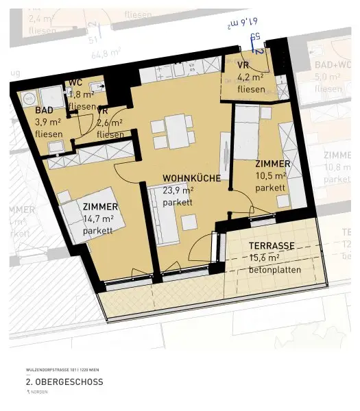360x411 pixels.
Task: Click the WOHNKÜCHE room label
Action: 191,178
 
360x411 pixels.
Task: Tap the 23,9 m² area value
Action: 178,191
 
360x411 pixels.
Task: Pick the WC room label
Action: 75,83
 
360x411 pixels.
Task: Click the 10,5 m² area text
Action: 269,176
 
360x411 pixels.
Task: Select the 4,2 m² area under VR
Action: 251,77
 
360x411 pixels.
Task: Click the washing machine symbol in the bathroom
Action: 50,96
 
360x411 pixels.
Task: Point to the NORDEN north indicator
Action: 40,393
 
